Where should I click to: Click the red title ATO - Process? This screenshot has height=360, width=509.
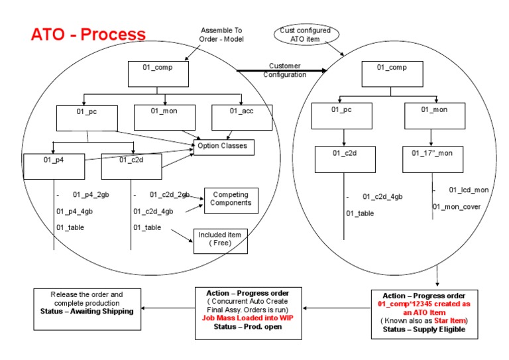[88, 34]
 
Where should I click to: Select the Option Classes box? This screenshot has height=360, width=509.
[223, 147]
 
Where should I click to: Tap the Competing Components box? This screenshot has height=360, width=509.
[231, 199]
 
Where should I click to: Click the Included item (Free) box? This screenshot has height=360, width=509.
[221, 239]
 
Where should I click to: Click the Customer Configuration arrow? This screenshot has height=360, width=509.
[282, 70]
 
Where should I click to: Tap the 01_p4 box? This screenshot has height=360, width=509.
[54, 166]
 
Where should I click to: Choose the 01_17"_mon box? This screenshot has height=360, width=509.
[433, 159]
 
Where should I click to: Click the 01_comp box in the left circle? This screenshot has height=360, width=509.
[159, 74]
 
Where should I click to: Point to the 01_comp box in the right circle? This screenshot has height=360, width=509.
[392, 74]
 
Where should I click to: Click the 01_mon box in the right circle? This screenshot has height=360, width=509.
[435, 116]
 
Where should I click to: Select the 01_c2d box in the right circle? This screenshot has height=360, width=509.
[345, 159]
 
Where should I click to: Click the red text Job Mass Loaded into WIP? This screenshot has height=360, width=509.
[248, 318]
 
